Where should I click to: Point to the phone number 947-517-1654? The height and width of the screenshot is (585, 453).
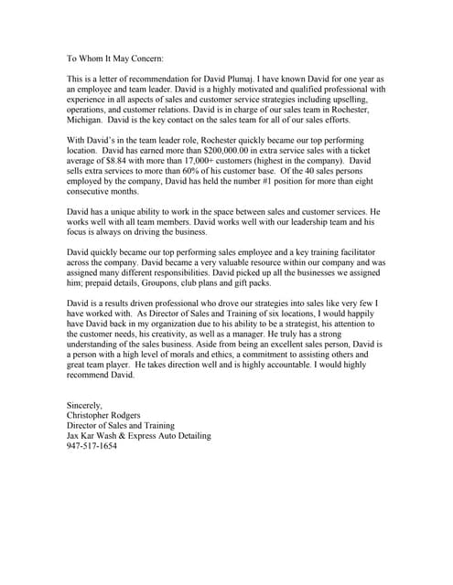pyautogui.click(x=92, y=447)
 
